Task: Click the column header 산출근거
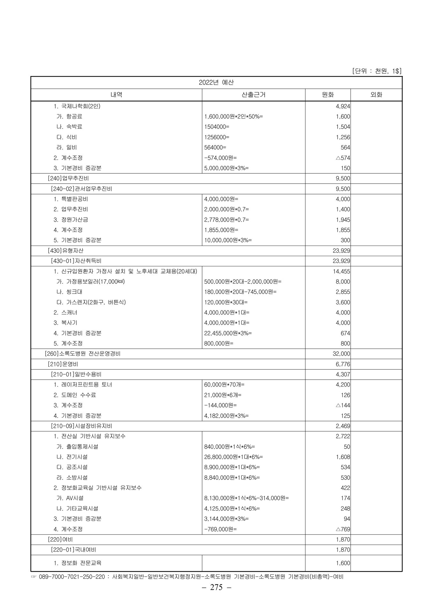tap(254, 95)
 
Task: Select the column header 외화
tap(376, 95)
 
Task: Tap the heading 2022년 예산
tap(216, 82)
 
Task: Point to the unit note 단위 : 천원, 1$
tap(376, 71)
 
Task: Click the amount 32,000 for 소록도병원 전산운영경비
tap(341, 354)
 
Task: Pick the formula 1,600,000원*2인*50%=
tap(233, 117)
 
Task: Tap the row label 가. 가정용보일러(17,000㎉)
tap(90, 282)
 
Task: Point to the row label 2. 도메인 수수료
tap(75, 395)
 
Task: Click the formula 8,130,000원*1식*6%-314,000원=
tap(246, 498)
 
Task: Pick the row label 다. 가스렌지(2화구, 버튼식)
tap(91, 302)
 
